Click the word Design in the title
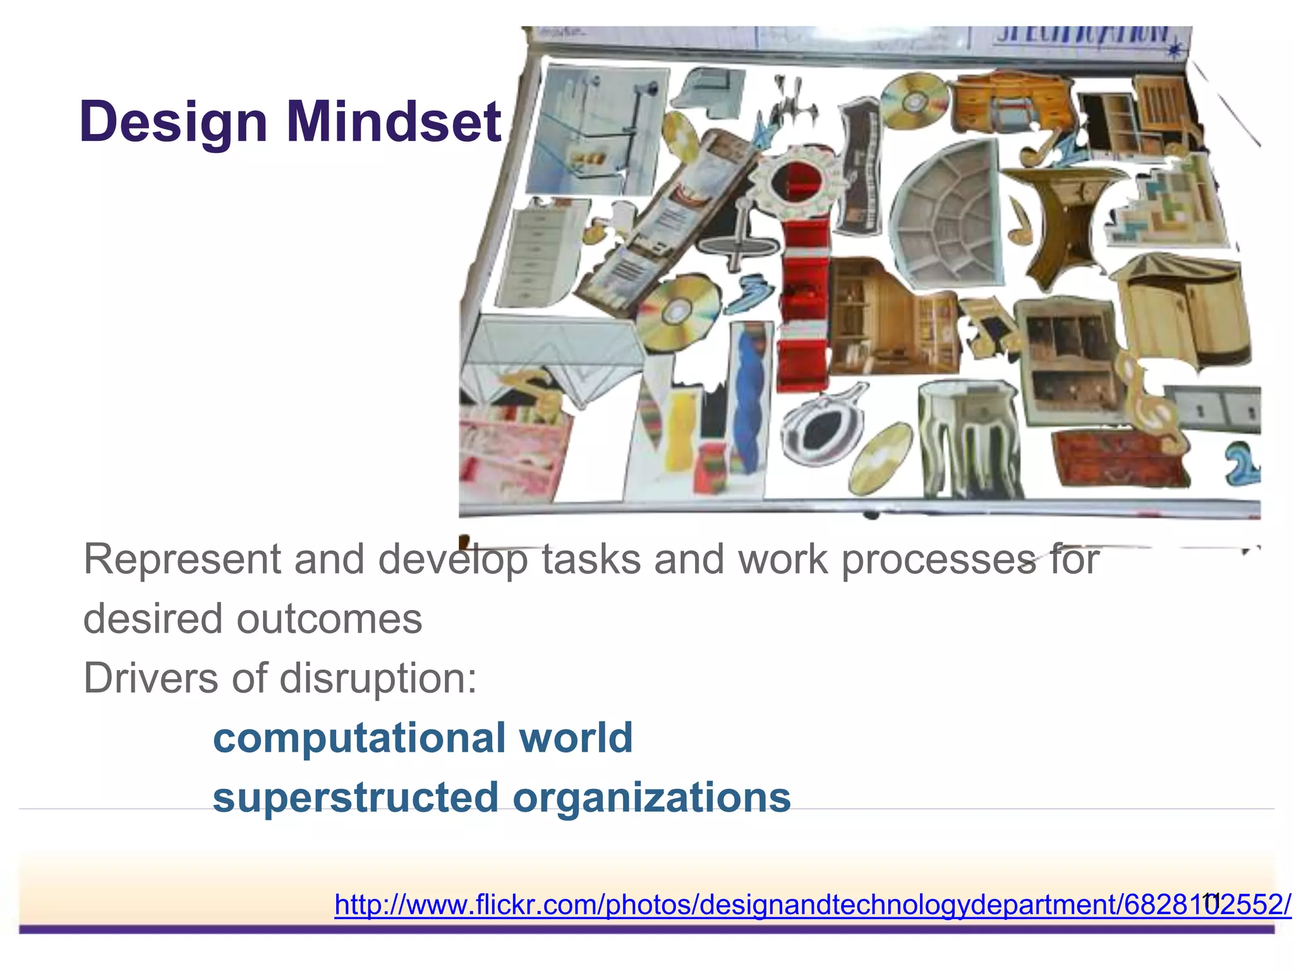173,122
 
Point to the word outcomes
329,619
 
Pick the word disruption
378,679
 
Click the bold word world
576,737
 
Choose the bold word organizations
651,798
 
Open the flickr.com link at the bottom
813,905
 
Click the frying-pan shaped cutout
821,427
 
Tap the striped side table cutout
967,436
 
